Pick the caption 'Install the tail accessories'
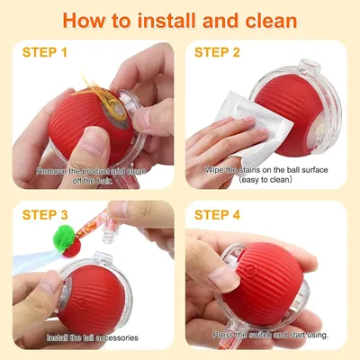(87, 337)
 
